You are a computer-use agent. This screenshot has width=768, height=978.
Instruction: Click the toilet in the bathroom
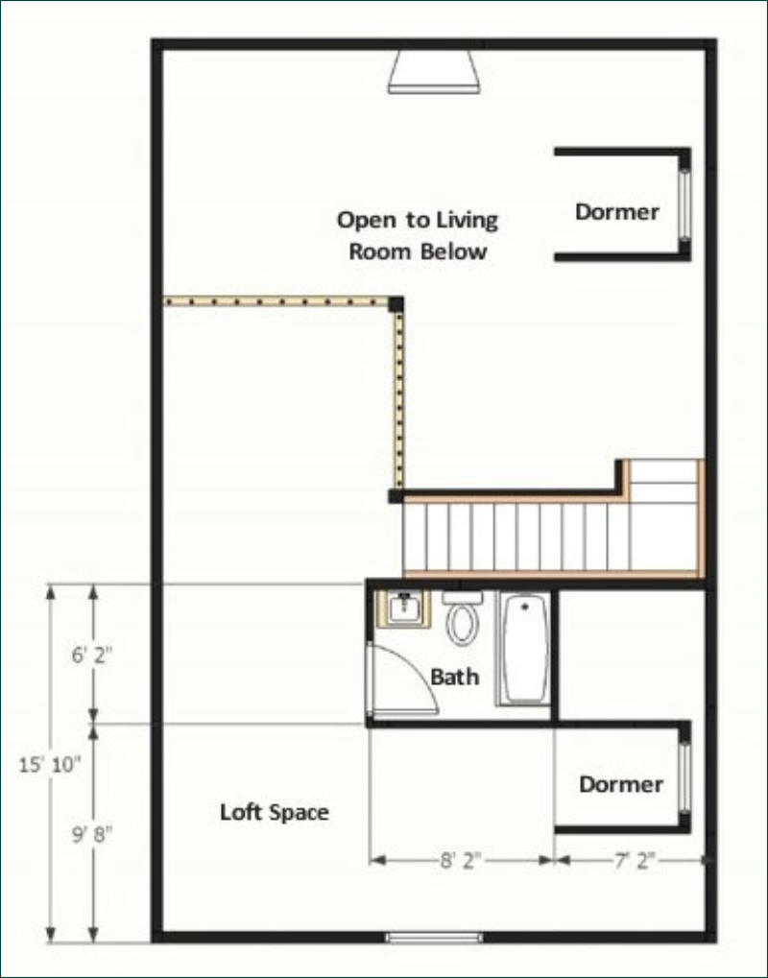click(463, 618)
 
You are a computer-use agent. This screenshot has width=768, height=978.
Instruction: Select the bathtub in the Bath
click(525, 650)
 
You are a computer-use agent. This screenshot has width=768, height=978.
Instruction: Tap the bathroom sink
click(403, 608)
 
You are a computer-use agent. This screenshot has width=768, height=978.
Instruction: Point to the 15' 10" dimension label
click(50, 764)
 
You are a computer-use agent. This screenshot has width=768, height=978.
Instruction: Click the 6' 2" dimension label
click(92, 656)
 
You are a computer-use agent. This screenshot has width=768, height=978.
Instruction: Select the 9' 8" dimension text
click(92, 834)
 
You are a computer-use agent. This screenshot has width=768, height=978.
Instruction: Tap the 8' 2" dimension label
click(462, 861)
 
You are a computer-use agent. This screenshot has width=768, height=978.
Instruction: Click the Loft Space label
click(275, 812)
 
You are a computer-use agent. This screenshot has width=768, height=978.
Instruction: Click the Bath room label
click(455, 677)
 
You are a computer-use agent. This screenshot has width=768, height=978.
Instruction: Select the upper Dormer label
click(617, 212)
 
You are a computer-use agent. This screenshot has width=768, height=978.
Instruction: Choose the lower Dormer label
click(621, 784)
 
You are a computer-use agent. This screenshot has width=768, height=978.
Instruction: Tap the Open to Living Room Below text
click(418, 235)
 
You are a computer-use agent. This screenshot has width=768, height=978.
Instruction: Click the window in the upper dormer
click(684, 204)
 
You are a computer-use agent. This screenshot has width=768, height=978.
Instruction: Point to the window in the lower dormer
click(684, 776)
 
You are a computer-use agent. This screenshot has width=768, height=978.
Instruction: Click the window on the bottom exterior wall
click(434, 937)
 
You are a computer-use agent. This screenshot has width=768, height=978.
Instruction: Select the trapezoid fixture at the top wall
click(434, 72)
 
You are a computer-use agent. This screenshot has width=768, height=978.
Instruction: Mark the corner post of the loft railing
click(396, 304)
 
